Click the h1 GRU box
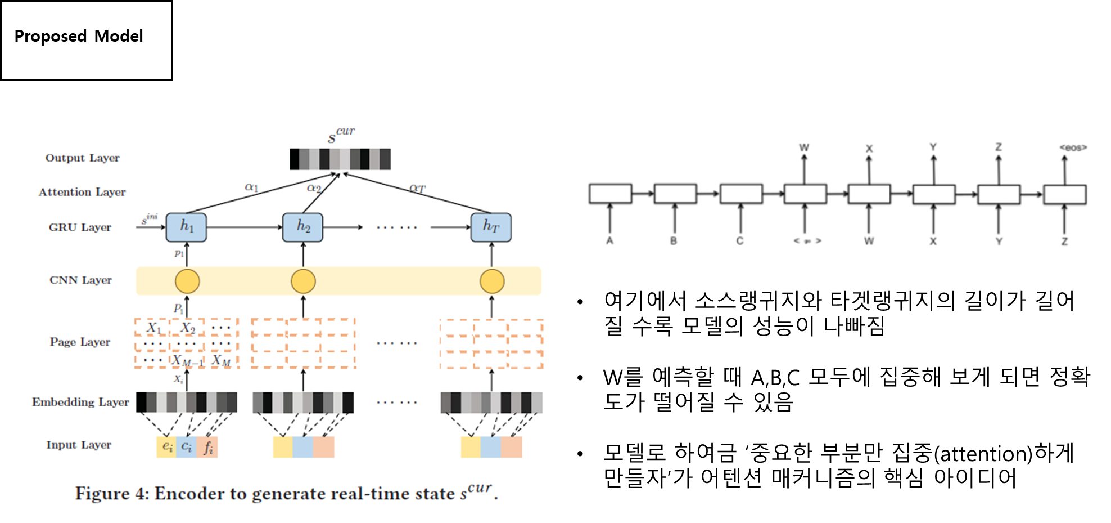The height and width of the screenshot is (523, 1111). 186,227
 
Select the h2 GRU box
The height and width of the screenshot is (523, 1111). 302,227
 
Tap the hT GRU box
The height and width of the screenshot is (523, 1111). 491,227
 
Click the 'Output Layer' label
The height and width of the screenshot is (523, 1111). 83,158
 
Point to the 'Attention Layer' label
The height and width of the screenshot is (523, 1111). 82,193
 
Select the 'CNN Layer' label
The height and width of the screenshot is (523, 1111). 80,280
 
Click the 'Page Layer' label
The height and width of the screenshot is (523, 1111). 80,342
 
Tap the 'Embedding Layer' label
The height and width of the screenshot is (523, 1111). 80,403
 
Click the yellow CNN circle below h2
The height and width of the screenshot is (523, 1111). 303,281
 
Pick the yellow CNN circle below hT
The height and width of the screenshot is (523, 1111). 492,281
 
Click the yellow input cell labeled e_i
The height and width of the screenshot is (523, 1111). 167,447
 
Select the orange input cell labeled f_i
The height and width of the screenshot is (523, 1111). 207,447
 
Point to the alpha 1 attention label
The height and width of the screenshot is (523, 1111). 251,187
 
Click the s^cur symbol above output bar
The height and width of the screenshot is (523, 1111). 341,135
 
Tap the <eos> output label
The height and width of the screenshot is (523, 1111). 1073,147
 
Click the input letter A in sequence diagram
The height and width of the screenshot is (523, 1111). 609,241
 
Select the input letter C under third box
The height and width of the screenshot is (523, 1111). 740,241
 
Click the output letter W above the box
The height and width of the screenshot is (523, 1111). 804,147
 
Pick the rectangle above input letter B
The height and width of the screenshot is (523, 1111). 675,194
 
